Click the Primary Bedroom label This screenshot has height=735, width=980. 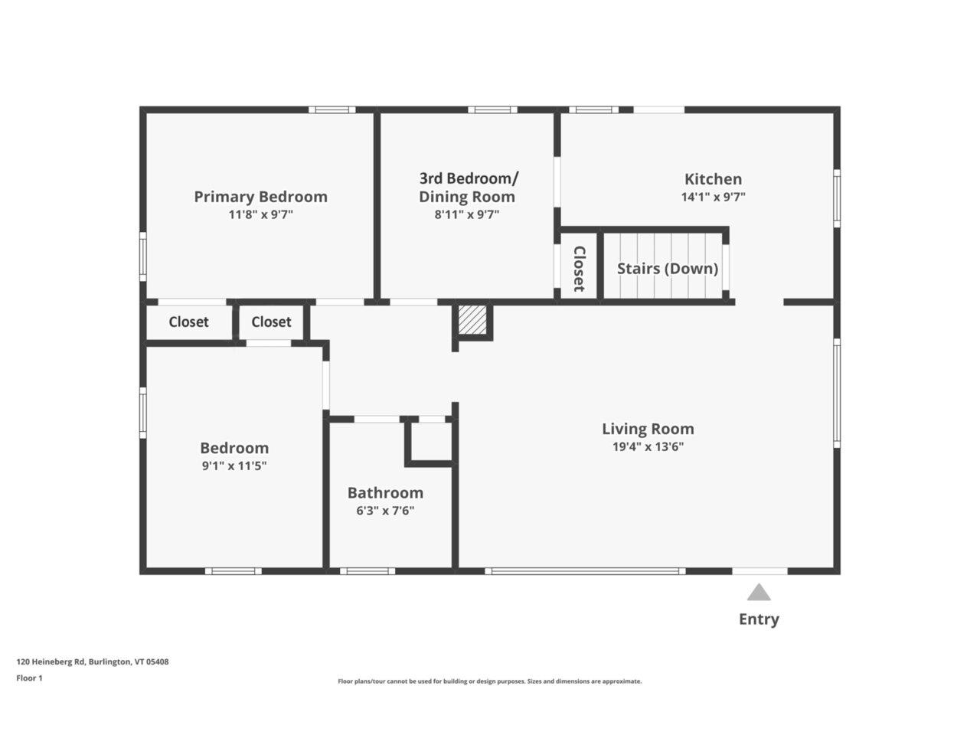(260, 197)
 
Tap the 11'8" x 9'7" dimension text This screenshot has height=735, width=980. (260, 215)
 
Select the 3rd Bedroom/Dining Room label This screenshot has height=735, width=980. (468, 188)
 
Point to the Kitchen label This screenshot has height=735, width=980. (713, 179)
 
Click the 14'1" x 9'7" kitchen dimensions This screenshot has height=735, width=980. (713, 197)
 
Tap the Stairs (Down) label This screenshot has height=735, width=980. (667, 269)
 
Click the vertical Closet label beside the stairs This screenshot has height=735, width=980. (579, 269)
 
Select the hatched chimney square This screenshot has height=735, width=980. (472, 320)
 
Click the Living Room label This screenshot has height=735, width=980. (648, 429)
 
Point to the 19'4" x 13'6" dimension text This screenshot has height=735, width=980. (648, 447)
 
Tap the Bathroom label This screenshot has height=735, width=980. (385, 493)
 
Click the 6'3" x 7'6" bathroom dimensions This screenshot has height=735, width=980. (385, 511)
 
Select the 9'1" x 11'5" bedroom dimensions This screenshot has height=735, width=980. (234, 465)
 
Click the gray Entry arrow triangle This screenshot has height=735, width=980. (759, 593)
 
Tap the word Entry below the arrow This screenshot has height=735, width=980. (759, 619)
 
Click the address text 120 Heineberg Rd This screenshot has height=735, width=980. (93, 662)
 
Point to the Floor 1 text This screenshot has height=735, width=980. (30, 678)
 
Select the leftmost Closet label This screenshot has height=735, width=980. (188, 322)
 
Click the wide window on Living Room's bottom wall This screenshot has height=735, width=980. (585, 571)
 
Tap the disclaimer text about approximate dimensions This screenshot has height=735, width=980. (490, 681)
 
